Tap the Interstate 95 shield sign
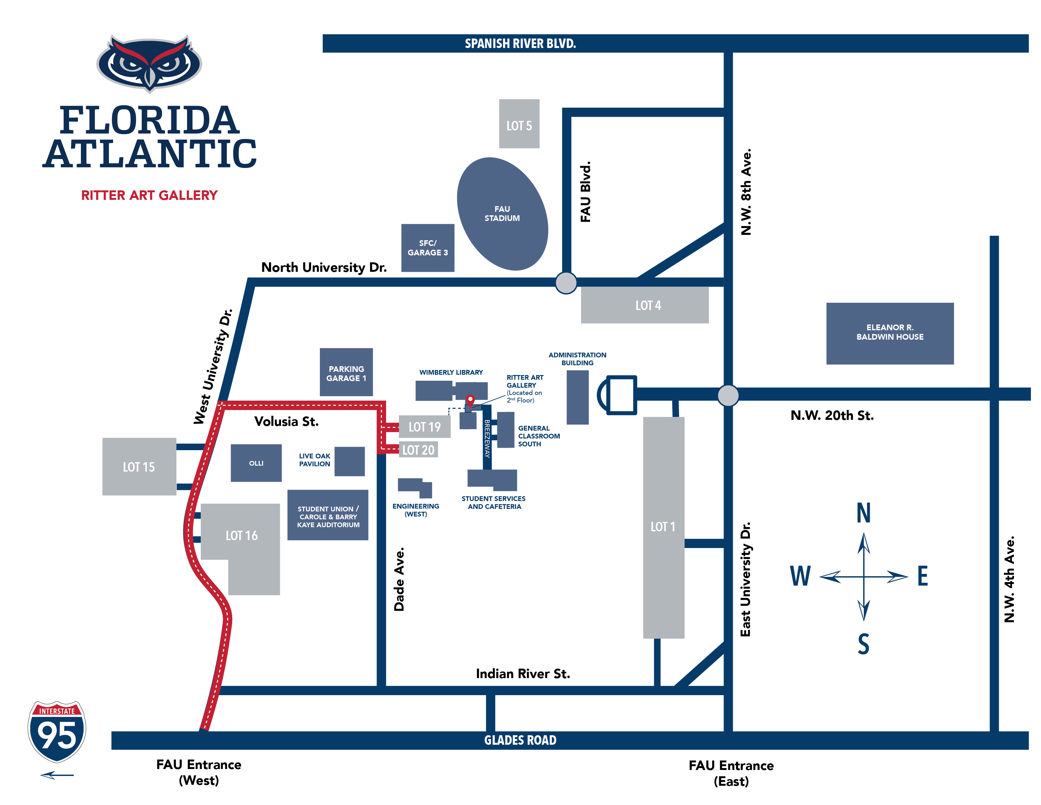click(57, 731)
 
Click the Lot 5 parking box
click(519, 124)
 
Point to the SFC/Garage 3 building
click(427, 247)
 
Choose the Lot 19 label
click(424, 427)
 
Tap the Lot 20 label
click(418, 450)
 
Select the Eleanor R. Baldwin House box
click(890, 333)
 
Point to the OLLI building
click(256, 462)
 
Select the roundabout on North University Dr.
click(566, 283)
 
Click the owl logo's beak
click(150, 76)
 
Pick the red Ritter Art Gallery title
click(149, 195)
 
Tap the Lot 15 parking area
click(139, 466)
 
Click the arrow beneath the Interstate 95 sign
click(57, 775)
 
